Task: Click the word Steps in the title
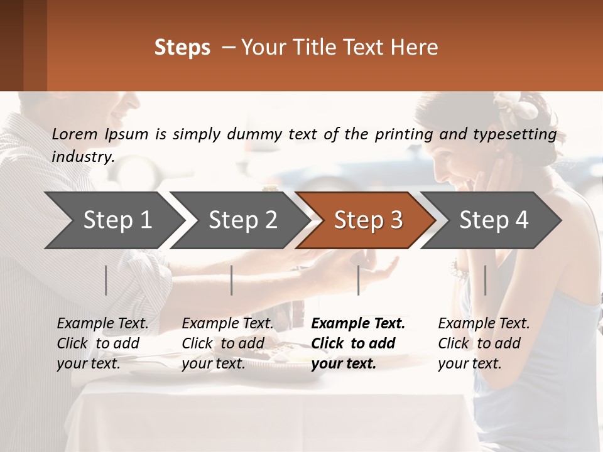[182, 48]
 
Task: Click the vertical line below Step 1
[106, 280]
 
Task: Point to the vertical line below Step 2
[232, 280]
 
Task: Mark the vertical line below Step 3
[358, 280]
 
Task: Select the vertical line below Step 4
[485, 280]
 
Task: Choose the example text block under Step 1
[102, 343]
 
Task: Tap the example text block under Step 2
[227, 343]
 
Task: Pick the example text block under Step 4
[484, 343]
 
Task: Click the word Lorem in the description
[75, 134]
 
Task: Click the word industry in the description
[82, 157]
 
